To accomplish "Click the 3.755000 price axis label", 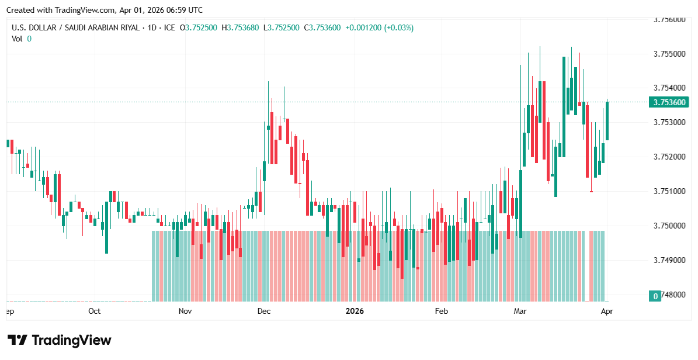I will (669, 54).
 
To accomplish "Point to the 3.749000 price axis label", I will (669, 260).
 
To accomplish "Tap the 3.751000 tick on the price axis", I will (669, 191).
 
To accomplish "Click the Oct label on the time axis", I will (94, 311).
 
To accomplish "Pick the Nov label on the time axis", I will (185, 311).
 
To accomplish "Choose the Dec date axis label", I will (263, 311).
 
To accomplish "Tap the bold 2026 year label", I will (355, 311).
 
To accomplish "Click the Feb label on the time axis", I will (441, 311).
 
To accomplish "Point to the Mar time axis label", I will (520, 311).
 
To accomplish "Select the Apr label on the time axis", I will (606, 311).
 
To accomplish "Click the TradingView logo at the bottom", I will (59, 340).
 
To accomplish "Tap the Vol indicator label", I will (17, 39).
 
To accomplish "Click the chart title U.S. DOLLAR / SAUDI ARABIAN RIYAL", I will (77, 27).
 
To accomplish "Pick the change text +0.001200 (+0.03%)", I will (379, 27).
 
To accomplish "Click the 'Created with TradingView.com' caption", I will (105, 10).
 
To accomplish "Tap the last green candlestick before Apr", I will (607, 120).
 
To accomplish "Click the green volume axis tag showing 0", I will (656, 296).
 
